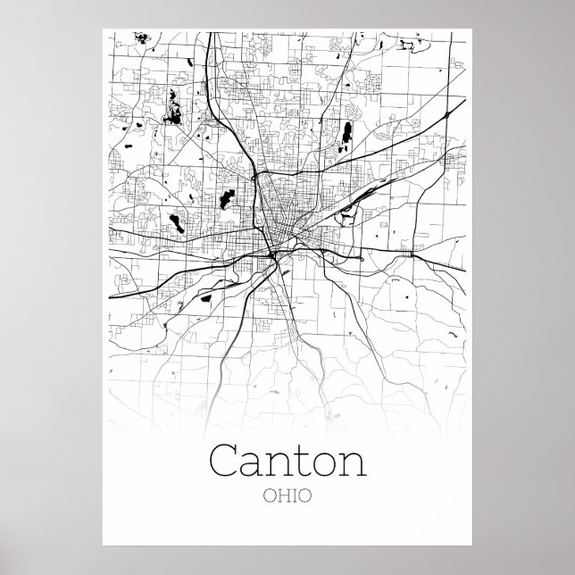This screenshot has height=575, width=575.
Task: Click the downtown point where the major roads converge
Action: coord(273,253)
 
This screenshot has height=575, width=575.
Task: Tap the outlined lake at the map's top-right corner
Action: coord(409,41)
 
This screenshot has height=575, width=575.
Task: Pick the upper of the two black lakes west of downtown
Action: coord(223,197)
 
